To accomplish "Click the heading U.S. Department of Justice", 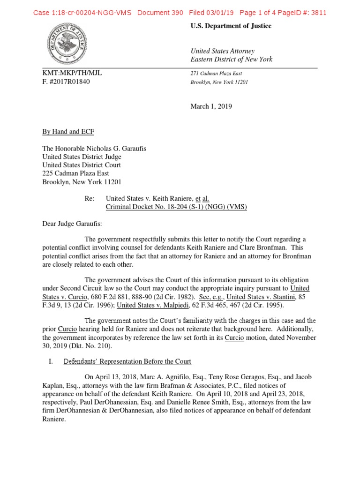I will click(231, 26).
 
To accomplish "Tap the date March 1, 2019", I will click(211, 106).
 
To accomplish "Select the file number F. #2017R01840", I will click(66, 82).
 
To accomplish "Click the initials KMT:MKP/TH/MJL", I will click(71, 74).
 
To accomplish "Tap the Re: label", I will click(90, 199).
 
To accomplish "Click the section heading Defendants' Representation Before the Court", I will click(127, 361).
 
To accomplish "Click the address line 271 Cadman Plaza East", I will click(216, 74).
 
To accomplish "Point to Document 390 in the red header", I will click(160, 13).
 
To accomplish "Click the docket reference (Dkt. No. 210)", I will click(98, 345).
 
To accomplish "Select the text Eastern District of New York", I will click(231, 60).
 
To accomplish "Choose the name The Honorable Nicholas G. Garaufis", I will click(94, 149).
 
